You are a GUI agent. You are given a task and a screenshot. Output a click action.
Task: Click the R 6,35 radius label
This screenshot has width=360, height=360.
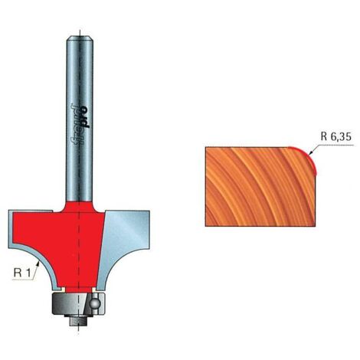335,136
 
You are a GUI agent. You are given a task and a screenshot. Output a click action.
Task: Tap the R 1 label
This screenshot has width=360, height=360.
21,273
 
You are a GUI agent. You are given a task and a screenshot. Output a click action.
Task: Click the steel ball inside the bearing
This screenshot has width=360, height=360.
96,303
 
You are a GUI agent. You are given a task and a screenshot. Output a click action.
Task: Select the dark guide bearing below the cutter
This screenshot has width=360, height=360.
78,304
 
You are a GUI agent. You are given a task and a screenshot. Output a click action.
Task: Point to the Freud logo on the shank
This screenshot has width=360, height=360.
80,123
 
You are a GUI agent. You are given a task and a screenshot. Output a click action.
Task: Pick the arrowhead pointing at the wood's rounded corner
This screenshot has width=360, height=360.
310,152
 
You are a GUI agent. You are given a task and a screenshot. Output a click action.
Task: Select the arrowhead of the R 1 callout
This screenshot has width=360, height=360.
38,263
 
